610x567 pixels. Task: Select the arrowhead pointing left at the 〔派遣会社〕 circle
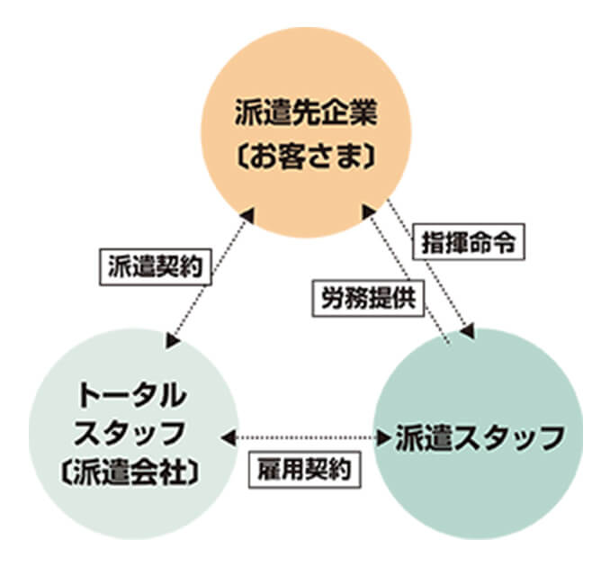[229, 437]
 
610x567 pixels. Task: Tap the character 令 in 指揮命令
[507, 244]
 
